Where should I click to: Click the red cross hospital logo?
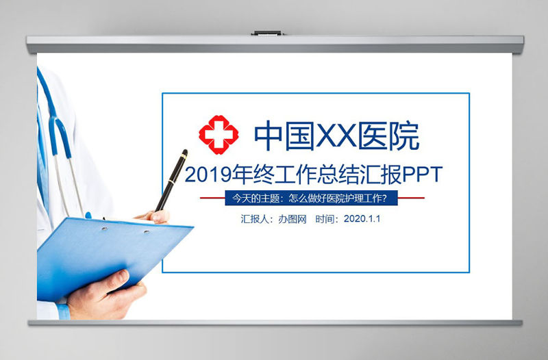point(219,137)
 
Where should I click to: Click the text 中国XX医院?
point(336,137)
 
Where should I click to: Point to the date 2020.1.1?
point(362,220)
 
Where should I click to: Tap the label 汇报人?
point(254,220)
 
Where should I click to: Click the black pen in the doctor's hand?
point(171,179)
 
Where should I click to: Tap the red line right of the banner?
point(411,198)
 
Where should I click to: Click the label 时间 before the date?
point(327,220)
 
